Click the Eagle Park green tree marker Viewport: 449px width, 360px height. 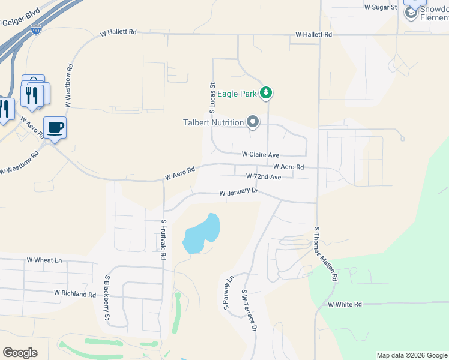point(266,93)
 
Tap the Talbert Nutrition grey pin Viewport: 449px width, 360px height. point(253,122)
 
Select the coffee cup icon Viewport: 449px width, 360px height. point(55,127)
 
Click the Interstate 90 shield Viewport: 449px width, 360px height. point(36,29)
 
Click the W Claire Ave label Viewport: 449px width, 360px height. point(261,154)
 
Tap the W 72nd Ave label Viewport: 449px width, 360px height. point(264,177)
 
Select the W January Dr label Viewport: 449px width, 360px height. point(238,193)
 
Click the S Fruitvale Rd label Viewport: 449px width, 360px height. point(163,238)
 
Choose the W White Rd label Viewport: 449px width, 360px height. point(345,305)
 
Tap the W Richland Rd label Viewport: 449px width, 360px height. point(75,294)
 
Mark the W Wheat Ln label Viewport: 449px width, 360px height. point(44,260)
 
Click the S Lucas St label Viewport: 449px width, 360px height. point(212,98)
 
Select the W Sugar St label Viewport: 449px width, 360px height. point(381,7)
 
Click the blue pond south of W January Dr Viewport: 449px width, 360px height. point(201,233)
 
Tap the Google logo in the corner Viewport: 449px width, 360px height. point(20,353)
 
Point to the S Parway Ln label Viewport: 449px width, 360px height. point(229,293)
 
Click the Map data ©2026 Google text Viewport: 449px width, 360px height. point(412,355)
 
